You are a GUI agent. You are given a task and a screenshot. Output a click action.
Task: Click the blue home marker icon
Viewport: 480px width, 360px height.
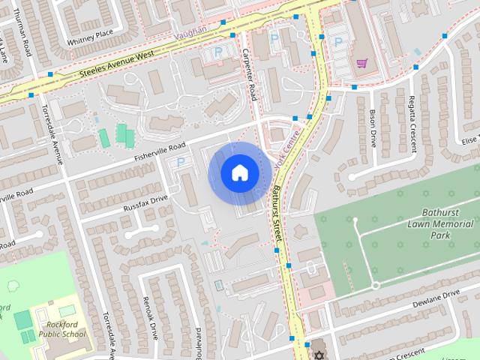pos(239,173)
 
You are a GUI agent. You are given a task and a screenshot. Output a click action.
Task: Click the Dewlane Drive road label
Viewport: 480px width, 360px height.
pos(435,300)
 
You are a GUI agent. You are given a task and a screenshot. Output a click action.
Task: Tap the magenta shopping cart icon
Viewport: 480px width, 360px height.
pos(361,63)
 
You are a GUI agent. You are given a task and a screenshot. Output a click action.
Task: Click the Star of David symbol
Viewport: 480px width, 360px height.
pos(317,355)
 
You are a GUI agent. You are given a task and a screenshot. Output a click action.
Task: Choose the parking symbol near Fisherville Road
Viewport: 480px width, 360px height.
pos(180,161)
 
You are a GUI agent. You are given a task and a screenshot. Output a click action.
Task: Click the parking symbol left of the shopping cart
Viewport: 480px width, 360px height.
pos(337,40)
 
